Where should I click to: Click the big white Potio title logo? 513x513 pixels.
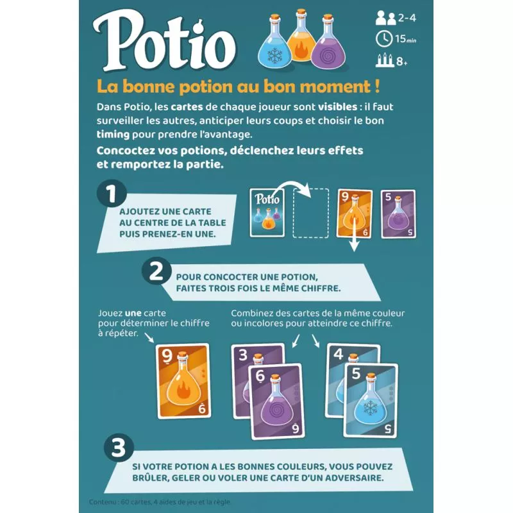(x=164, y=41)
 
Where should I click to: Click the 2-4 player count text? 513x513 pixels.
(x=407, y=18)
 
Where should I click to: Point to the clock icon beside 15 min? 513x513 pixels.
(x=383, y=39)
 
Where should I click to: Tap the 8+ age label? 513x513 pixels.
(x=402, y=61)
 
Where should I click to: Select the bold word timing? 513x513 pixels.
(x=113, y=135)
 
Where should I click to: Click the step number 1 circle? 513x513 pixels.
(x=112, y=194)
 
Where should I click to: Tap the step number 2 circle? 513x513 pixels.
(x=156, y=271)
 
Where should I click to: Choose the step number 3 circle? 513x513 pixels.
(x=119, y=448)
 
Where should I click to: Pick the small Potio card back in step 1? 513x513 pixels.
(x=267, y=213)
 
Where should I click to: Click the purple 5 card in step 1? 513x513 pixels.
(x=398, y=214)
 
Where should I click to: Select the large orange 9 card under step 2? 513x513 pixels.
(x=183, y=381)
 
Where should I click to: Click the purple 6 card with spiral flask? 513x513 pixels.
(x=276, y=401)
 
